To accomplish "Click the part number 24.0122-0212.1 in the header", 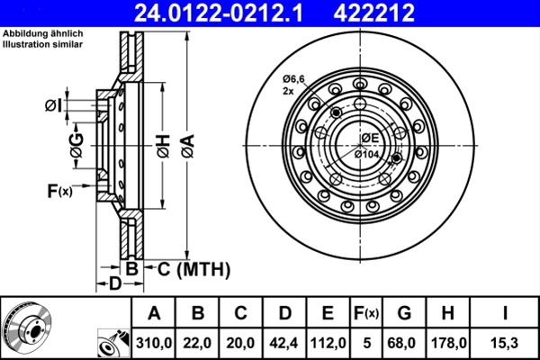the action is [x=219, y=13].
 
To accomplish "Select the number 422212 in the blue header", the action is [x=374, y=13].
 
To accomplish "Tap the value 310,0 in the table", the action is [x=154, y=343].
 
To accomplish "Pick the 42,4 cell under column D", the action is [x=283, y=343].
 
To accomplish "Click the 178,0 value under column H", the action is [x=448, y=343].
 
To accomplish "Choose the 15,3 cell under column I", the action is [x=505, y=343].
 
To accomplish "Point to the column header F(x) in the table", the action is [x=366, y=313].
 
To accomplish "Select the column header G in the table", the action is [x=404, y=313].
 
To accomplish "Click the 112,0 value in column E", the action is [x=328, y=343].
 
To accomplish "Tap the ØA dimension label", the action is [x=188, y=146].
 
